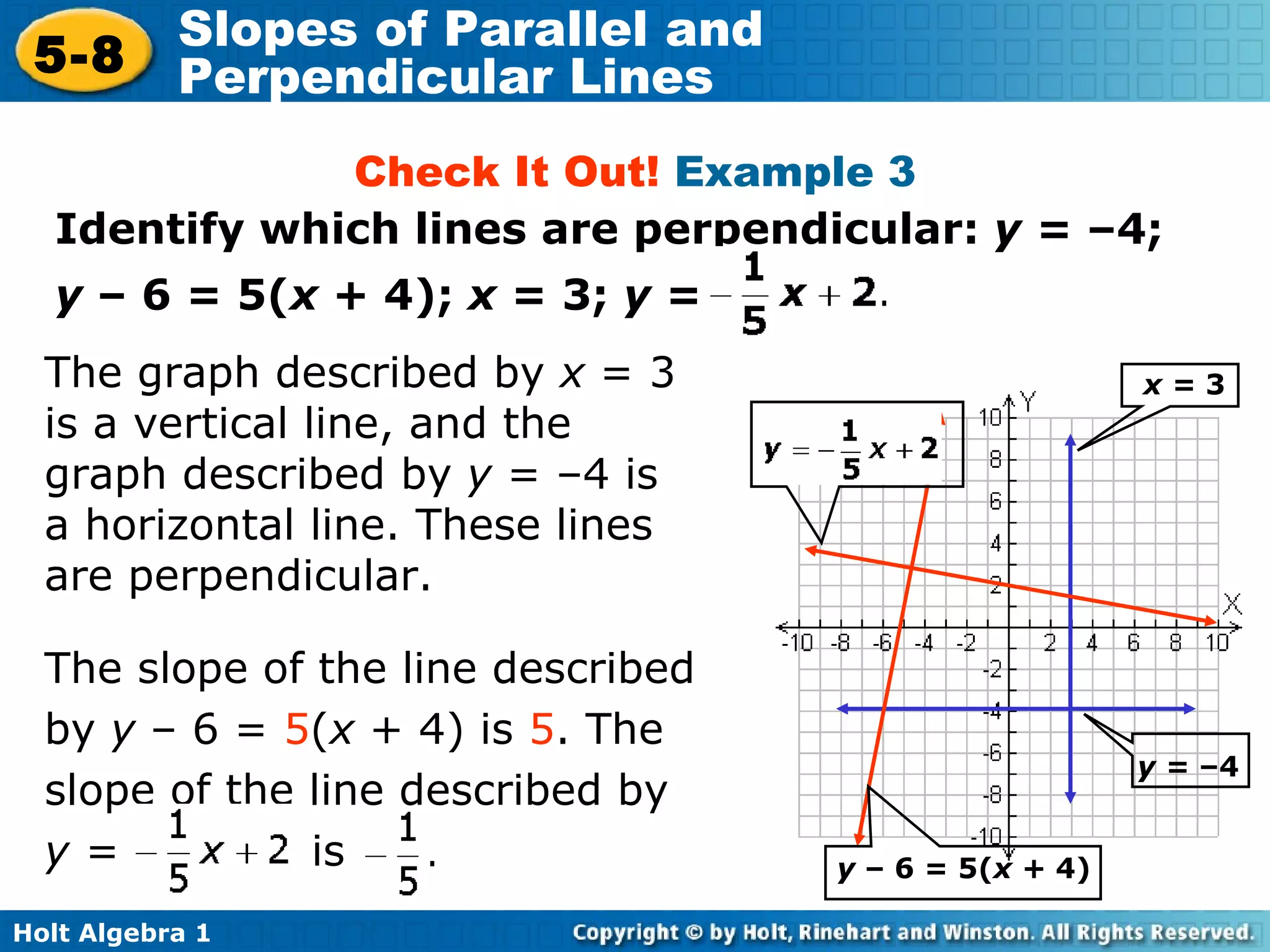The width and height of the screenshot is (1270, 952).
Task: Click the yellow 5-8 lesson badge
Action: click(81, 55)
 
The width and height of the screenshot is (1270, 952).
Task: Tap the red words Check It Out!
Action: click(506, 172)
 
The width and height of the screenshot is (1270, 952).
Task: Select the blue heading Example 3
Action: click(794, 172)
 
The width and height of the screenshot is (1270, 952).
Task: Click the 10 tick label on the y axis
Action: click(990, 417)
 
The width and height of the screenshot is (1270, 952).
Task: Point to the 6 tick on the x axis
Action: click(1134, 643)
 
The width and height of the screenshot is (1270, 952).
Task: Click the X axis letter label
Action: click(1232, 603)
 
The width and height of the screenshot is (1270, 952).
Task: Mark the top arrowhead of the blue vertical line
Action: click(1070, 440)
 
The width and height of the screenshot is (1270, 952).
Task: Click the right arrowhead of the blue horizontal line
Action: click(1189, 708)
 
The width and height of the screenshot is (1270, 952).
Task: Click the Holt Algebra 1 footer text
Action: click(112, 933)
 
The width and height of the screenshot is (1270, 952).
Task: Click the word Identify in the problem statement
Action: click(149, 229)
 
